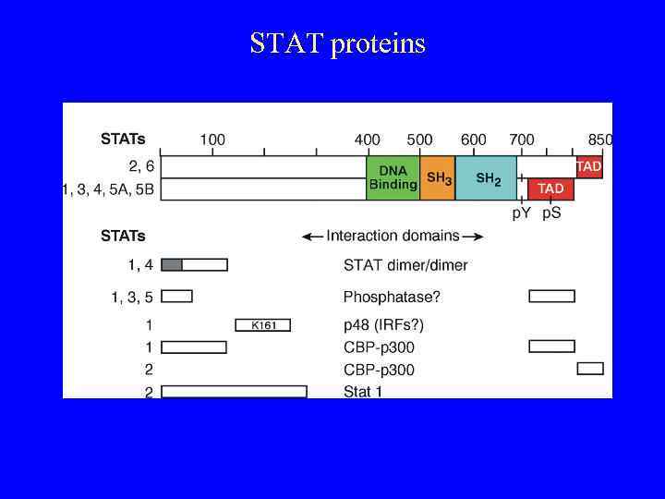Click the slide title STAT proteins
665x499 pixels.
tap(337, 43)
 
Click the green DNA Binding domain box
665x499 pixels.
tap(393, 177)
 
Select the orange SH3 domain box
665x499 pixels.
tap(438, 177)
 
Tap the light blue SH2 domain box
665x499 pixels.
tap(486, 177)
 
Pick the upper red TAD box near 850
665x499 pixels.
tap(588, 167)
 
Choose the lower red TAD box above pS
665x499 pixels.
tap(550, 189)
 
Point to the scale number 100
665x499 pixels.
tap(212, 140)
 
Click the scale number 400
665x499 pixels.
tap(368, 140)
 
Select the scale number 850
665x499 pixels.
tap(600, 140)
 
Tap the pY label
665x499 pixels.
tap(522, 213)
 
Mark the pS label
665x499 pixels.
tap(550, 213)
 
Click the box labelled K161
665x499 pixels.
tap(263, 324)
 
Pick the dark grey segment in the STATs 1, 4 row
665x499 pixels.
tap(172, 265)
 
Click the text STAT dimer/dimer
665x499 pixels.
tap(405, 265)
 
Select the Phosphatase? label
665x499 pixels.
tap(392, 297)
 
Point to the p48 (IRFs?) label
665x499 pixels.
tap(383, 324)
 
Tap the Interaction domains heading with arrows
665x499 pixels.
tap(393, 236)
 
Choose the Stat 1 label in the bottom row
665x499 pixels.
tap(363, 392)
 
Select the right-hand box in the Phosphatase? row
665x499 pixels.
tap(551, 296)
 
